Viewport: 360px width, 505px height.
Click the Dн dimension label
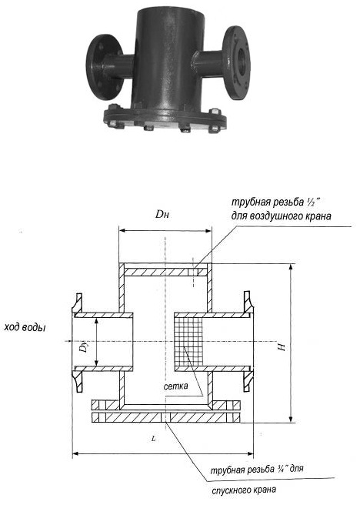click(162, 215)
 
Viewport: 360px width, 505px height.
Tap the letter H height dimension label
click(282, 347)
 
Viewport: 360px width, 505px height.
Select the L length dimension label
click(154, 438)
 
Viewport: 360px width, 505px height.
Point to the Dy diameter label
click(85, 347)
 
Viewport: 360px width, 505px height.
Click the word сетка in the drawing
click(175, 386)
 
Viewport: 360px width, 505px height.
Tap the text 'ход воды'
click(25, 327)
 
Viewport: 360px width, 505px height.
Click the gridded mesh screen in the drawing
click(188, 342)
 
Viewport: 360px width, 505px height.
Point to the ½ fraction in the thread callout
click(311, 203)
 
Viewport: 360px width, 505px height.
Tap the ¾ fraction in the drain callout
click(279, 469)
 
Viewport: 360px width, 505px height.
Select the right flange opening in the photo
click(244, 59)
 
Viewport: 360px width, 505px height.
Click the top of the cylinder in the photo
click(170, 11)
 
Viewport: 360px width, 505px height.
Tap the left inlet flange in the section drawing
click(77, 342)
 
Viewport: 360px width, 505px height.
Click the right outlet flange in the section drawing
click(248, 342)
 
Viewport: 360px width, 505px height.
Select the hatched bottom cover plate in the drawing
click(166, 418)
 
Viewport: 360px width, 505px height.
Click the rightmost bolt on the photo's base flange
click(215, 129)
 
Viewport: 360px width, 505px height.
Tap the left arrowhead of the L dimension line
click(75, 454)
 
